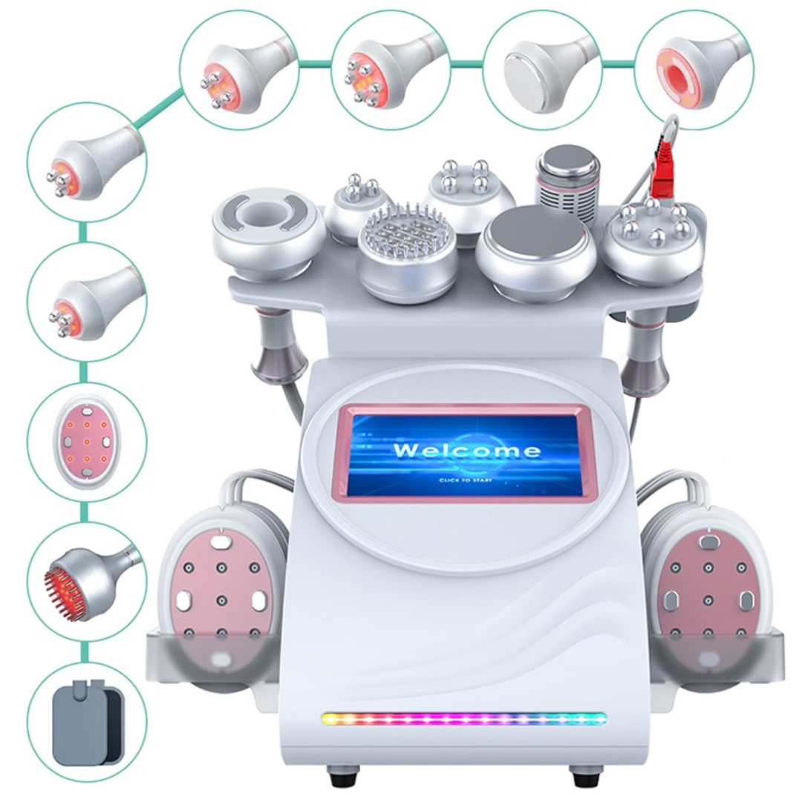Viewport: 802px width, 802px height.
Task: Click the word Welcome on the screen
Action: (466, 450)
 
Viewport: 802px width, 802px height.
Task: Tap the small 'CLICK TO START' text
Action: (466, 480)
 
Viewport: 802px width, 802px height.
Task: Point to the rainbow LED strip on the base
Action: (464, 719)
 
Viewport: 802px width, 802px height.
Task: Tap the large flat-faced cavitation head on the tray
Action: (536, 254)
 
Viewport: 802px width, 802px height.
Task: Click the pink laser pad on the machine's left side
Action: (221, 601)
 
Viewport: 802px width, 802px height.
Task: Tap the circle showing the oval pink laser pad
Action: (86, 443)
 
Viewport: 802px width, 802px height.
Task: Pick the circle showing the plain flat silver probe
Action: (543, 68)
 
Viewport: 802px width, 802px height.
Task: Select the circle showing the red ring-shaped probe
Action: (694, 68)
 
